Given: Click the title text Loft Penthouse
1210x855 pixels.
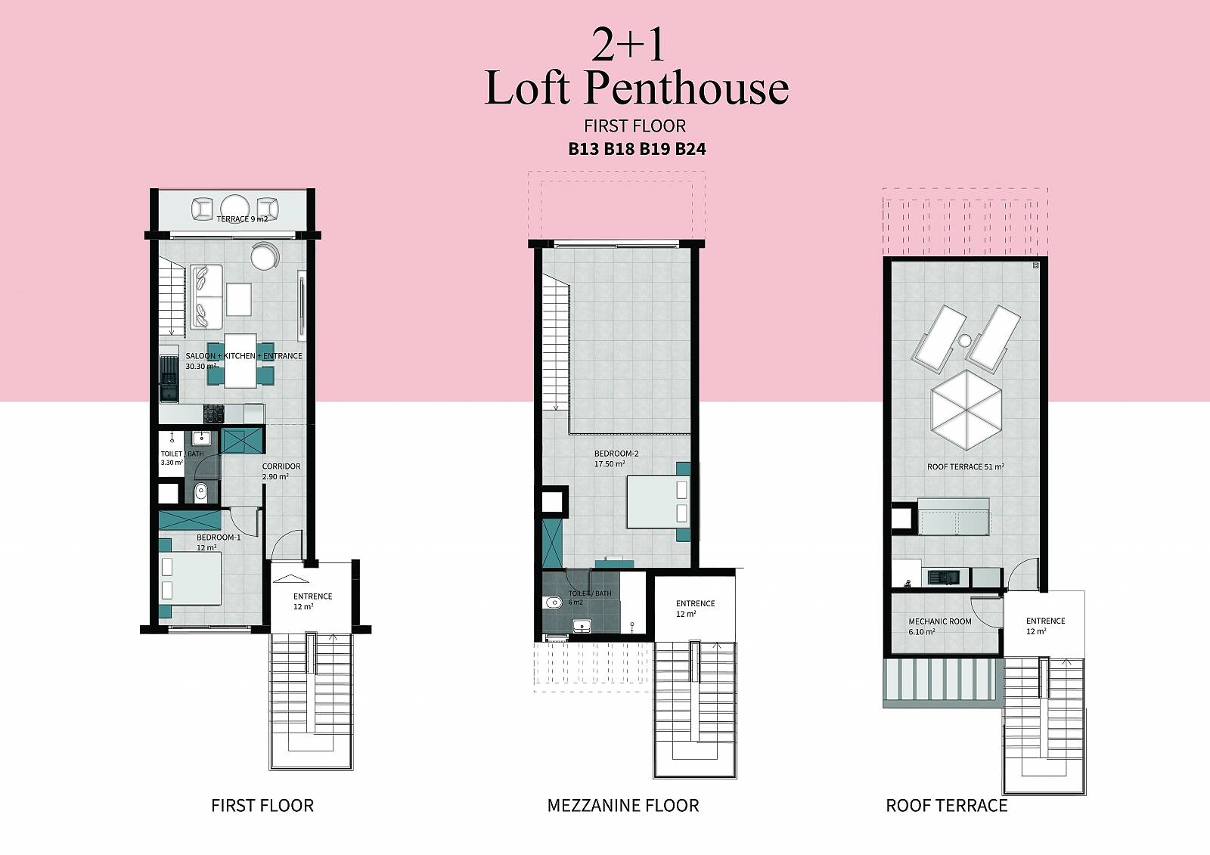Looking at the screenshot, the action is pyautogui.click(x=636, y=88).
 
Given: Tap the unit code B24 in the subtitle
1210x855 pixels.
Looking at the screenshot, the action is pyautogui.click(x=690, y=149).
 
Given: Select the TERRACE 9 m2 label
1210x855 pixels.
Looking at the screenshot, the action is pyautogui.click(x=242, y=218).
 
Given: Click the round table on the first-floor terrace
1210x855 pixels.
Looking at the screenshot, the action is pyautogui.click(x=235, y=209).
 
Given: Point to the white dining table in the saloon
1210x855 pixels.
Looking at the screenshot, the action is pyautogui.click(x=240, y=361).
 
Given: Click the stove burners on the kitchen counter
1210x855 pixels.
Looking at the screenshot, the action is pyautogui.click(x=213, y=414).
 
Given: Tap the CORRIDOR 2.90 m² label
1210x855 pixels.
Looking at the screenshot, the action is pyautogui.click(x=281, y=471).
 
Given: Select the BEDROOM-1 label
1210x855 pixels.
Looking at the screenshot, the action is pyautogui.click(x=219, y=537).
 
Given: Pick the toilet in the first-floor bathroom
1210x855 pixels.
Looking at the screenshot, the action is pyautogui.click(x=201, y=492).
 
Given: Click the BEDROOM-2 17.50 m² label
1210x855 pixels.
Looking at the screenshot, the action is pyautogui.click(x=616, y=459).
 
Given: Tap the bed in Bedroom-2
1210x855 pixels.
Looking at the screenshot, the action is pyautogui.click(x=658, y=502).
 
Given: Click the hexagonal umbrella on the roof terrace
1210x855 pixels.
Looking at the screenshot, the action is pyautogui.click(x=966, y=410).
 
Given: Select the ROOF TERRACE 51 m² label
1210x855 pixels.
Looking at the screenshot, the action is pyautogui.click(x=965, y=466).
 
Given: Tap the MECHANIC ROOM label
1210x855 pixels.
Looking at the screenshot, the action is pyautogui.click(x=940, y=621).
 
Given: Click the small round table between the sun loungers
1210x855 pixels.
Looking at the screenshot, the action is pyautogui.click(x=965, y=340).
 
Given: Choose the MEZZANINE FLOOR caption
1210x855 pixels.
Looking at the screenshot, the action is pyautogui.click(x=623, y=805).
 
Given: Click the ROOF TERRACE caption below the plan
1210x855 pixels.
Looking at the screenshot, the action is pyautogui.click(x=946, y=805).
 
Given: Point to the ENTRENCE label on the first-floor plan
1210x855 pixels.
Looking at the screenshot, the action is pyautogui.click(x=313, y=596).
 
